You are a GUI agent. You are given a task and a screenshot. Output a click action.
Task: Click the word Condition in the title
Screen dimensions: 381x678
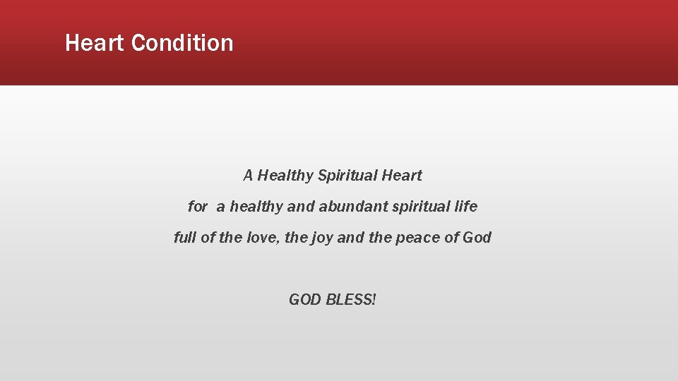182,43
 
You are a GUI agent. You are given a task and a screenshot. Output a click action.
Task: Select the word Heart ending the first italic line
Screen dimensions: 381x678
402,175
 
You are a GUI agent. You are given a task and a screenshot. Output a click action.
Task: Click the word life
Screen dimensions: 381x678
466,207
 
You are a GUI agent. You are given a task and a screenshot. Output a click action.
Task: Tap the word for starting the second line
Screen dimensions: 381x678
198,207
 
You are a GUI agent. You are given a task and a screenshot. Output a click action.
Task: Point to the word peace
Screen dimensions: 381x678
417,238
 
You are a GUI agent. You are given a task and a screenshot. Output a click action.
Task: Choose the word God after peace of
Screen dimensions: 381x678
477,238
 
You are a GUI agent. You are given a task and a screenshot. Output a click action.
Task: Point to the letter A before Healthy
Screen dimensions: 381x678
248,175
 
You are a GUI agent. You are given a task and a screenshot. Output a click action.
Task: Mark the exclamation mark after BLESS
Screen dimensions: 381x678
374,300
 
